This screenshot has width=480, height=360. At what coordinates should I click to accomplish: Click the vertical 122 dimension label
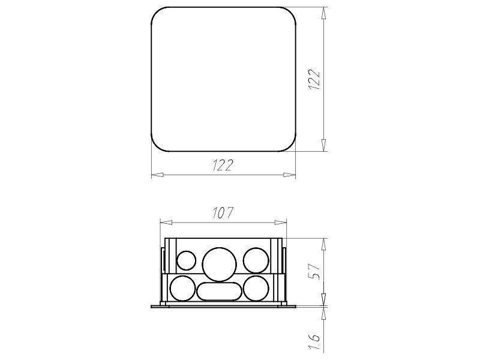tap(314, 79)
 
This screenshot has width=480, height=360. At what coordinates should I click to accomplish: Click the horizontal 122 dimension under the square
tap(223, 166)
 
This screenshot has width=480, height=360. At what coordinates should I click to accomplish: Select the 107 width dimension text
tap(223, 212)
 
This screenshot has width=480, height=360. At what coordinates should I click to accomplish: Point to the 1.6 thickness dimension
tap(314, 342)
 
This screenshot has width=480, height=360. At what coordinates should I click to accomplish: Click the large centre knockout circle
tap(220, 264)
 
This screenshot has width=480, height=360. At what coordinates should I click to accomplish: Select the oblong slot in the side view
tap(220, 292)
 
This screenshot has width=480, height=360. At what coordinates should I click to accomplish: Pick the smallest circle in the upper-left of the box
tap(186, 260)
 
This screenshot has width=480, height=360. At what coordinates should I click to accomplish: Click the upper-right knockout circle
tap(256, 260)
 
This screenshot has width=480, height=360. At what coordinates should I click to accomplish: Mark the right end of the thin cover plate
tap(294, 306)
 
